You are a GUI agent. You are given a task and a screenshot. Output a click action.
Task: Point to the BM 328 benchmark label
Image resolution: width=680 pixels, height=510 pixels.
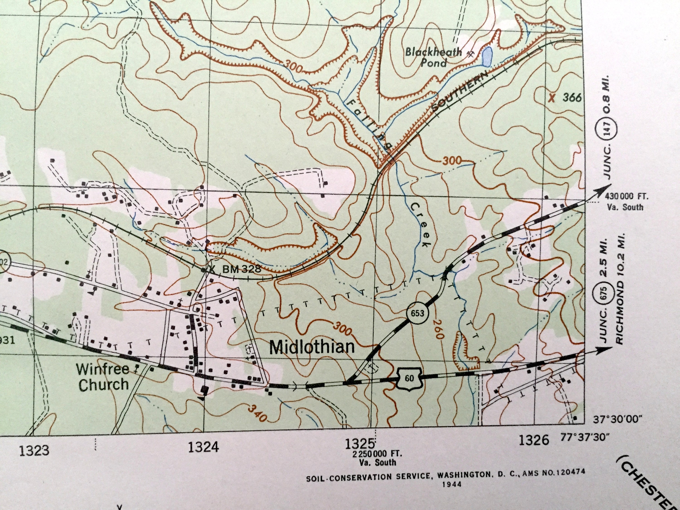click(241, 270)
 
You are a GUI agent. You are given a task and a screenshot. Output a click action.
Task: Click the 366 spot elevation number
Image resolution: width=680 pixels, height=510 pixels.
click(572, 98)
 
